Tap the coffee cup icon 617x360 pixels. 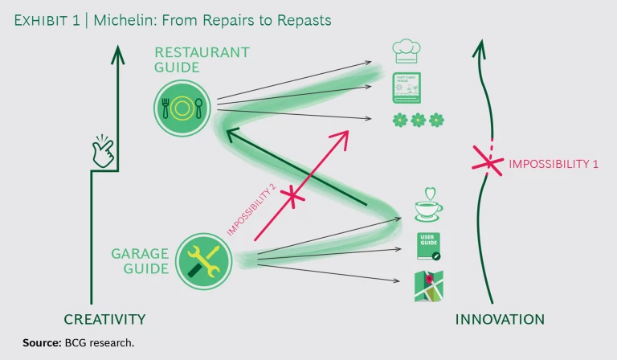(427, 206)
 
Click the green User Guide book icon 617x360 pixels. (428, 246)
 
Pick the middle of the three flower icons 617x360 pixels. (418, 120)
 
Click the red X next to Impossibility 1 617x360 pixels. (486, 162)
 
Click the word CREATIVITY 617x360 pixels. (104, 319)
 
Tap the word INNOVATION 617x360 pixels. (500, 319)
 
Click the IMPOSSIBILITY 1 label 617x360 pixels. (554, 164)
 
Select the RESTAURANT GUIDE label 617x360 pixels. (201, 59)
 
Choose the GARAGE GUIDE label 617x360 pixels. (140, 261)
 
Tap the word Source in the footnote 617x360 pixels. (41, 343)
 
